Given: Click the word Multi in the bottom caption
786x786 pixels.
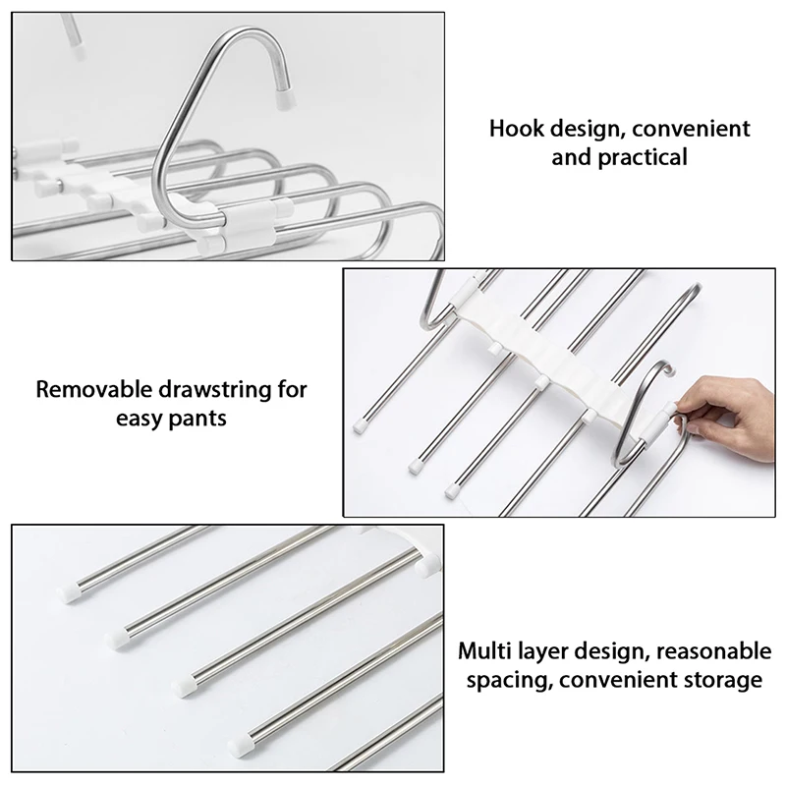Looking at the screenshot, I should pyautogui.click(x=482, y=650).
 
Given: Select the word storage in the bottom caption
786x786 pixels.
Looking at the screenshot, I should pyautogui.click(x=725, y=679).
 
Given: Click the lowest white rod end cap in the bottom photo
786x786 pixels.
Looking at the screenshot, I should pyautogui.click(x=239, y=736).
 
